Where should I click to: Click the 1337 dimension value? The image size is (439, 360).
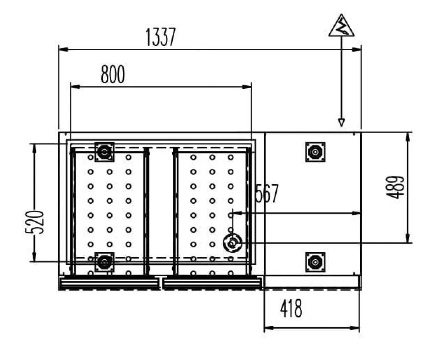click(161, 37)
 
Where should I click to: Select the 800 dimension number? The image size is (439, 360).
click(113, 74)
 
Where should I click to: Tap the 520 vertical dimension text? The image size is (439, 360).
click(35, 222)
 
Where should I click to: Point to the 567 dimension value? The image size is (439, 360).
click(267, 193)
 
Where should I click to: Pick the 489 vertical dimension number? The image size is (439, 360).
click(395, 187)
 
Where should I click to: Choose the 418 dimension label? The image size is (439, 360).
click(291, 308)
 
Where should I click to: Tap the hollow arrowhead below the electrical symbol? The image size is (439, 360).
click(341, 123)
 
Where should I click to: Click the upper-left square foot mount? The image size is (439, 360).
click(104, 152)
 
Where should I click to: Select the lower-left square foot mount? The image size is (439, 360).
click(104, 262)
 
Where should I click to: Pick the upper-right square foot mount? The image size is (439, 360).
click(315, 152)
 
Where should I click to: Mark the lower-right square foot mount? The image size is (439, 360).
click(315, 262)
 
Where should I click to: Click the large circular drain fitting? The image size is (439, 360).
click(232, 243)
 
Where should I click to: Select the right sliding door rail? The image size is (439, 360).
click(213, 283)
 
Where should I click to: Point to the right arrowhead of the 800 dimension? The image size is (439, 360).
click(247, 87)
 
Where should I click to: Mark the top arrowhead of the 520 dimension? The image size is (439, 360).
click(34, 148)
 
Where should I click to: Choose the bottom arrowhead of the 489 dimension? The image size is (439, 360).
click(408, 238)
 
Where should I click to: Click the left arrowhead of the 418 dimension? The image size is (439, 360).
click(269, 328)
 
